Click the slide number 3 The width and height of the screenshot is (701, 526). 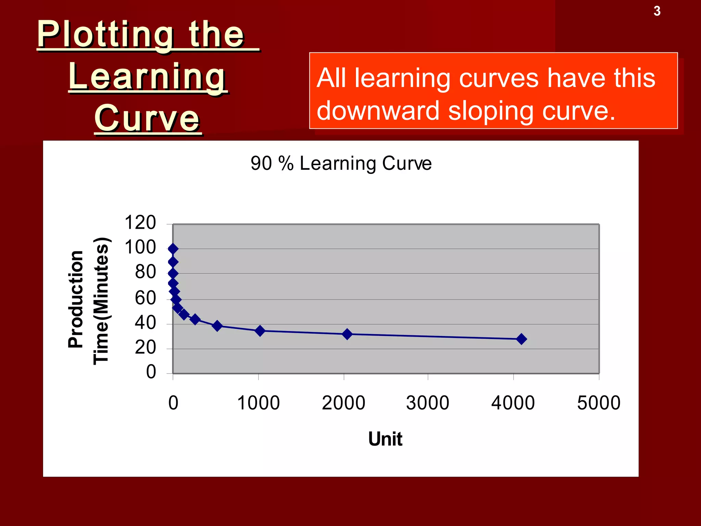tap(657, 11)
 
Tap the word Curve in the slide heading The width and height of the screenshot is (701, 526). tap(147, 118)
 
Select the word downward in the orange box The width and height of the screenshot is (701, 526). tap(378, 111)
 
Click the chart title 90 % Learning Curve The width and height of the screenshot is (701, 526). tap(341, 163)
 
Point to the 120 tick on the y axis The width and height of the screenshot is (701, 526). tap(140, 223)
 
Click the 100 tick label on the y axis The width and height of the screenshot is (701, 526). tap(140, 247)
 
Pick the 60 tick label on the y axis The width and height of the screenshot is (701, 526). tap(145, 298)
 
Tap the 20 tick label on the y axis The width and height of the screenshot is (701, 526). tap(145, 348)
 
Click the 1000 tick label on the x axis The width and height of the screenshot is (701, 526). tap(258, 403)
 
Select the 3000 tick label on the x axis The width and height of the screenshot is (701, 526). tap(428, 403)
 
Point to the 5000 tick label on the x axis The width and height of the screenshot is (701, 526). tap(599, 403)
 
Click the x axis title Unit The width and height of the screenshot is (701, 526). tap(385, 439)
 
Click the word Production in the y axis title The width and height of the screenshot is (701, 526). tap(76, 299)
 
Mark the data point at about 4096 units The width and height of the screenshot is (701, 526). tap(521, 339)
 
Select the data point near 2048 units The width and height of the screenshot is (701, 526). tap(347, 334)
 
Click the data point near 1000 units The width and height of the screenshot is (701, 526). tap(260, 331)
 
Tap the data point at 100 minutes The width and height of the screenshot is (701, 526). tap(173, 249)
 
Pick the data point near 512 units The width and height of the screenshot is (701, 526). tap(217, 326)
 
